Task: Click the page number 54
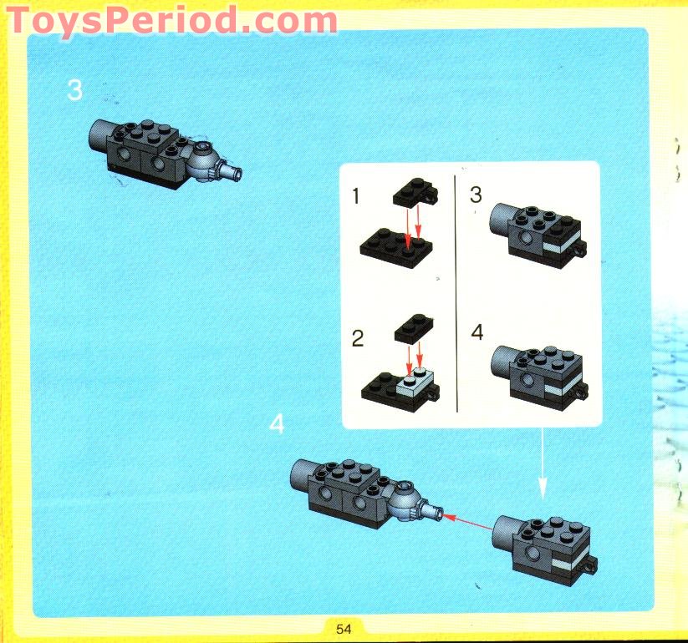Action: [x=344, y=628]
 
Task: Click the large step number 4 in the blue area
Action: [x=277, y=424]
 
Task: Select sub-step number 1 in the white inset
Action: [x=356, y=197]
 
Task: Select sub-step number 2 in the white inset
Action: [x=358, y=339]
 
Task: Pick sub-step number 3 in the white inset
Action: [x=477, y=195]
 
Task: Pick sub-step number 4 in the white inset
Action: [x=477, y=332]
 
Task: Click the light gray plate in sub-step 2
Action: [x=415, y=383]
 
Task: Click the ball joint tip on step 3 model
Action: [x=237, y=173]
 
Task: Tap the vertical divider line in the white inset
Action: [x=456, y=292]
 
